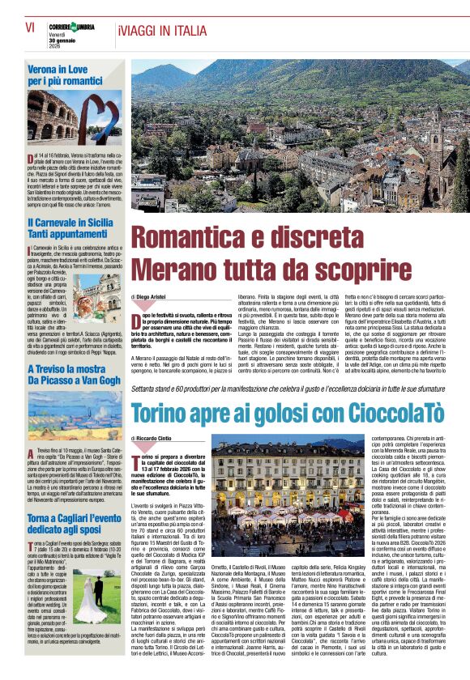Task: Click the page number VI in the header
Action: pyautogui.click(x=29, y=26)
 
